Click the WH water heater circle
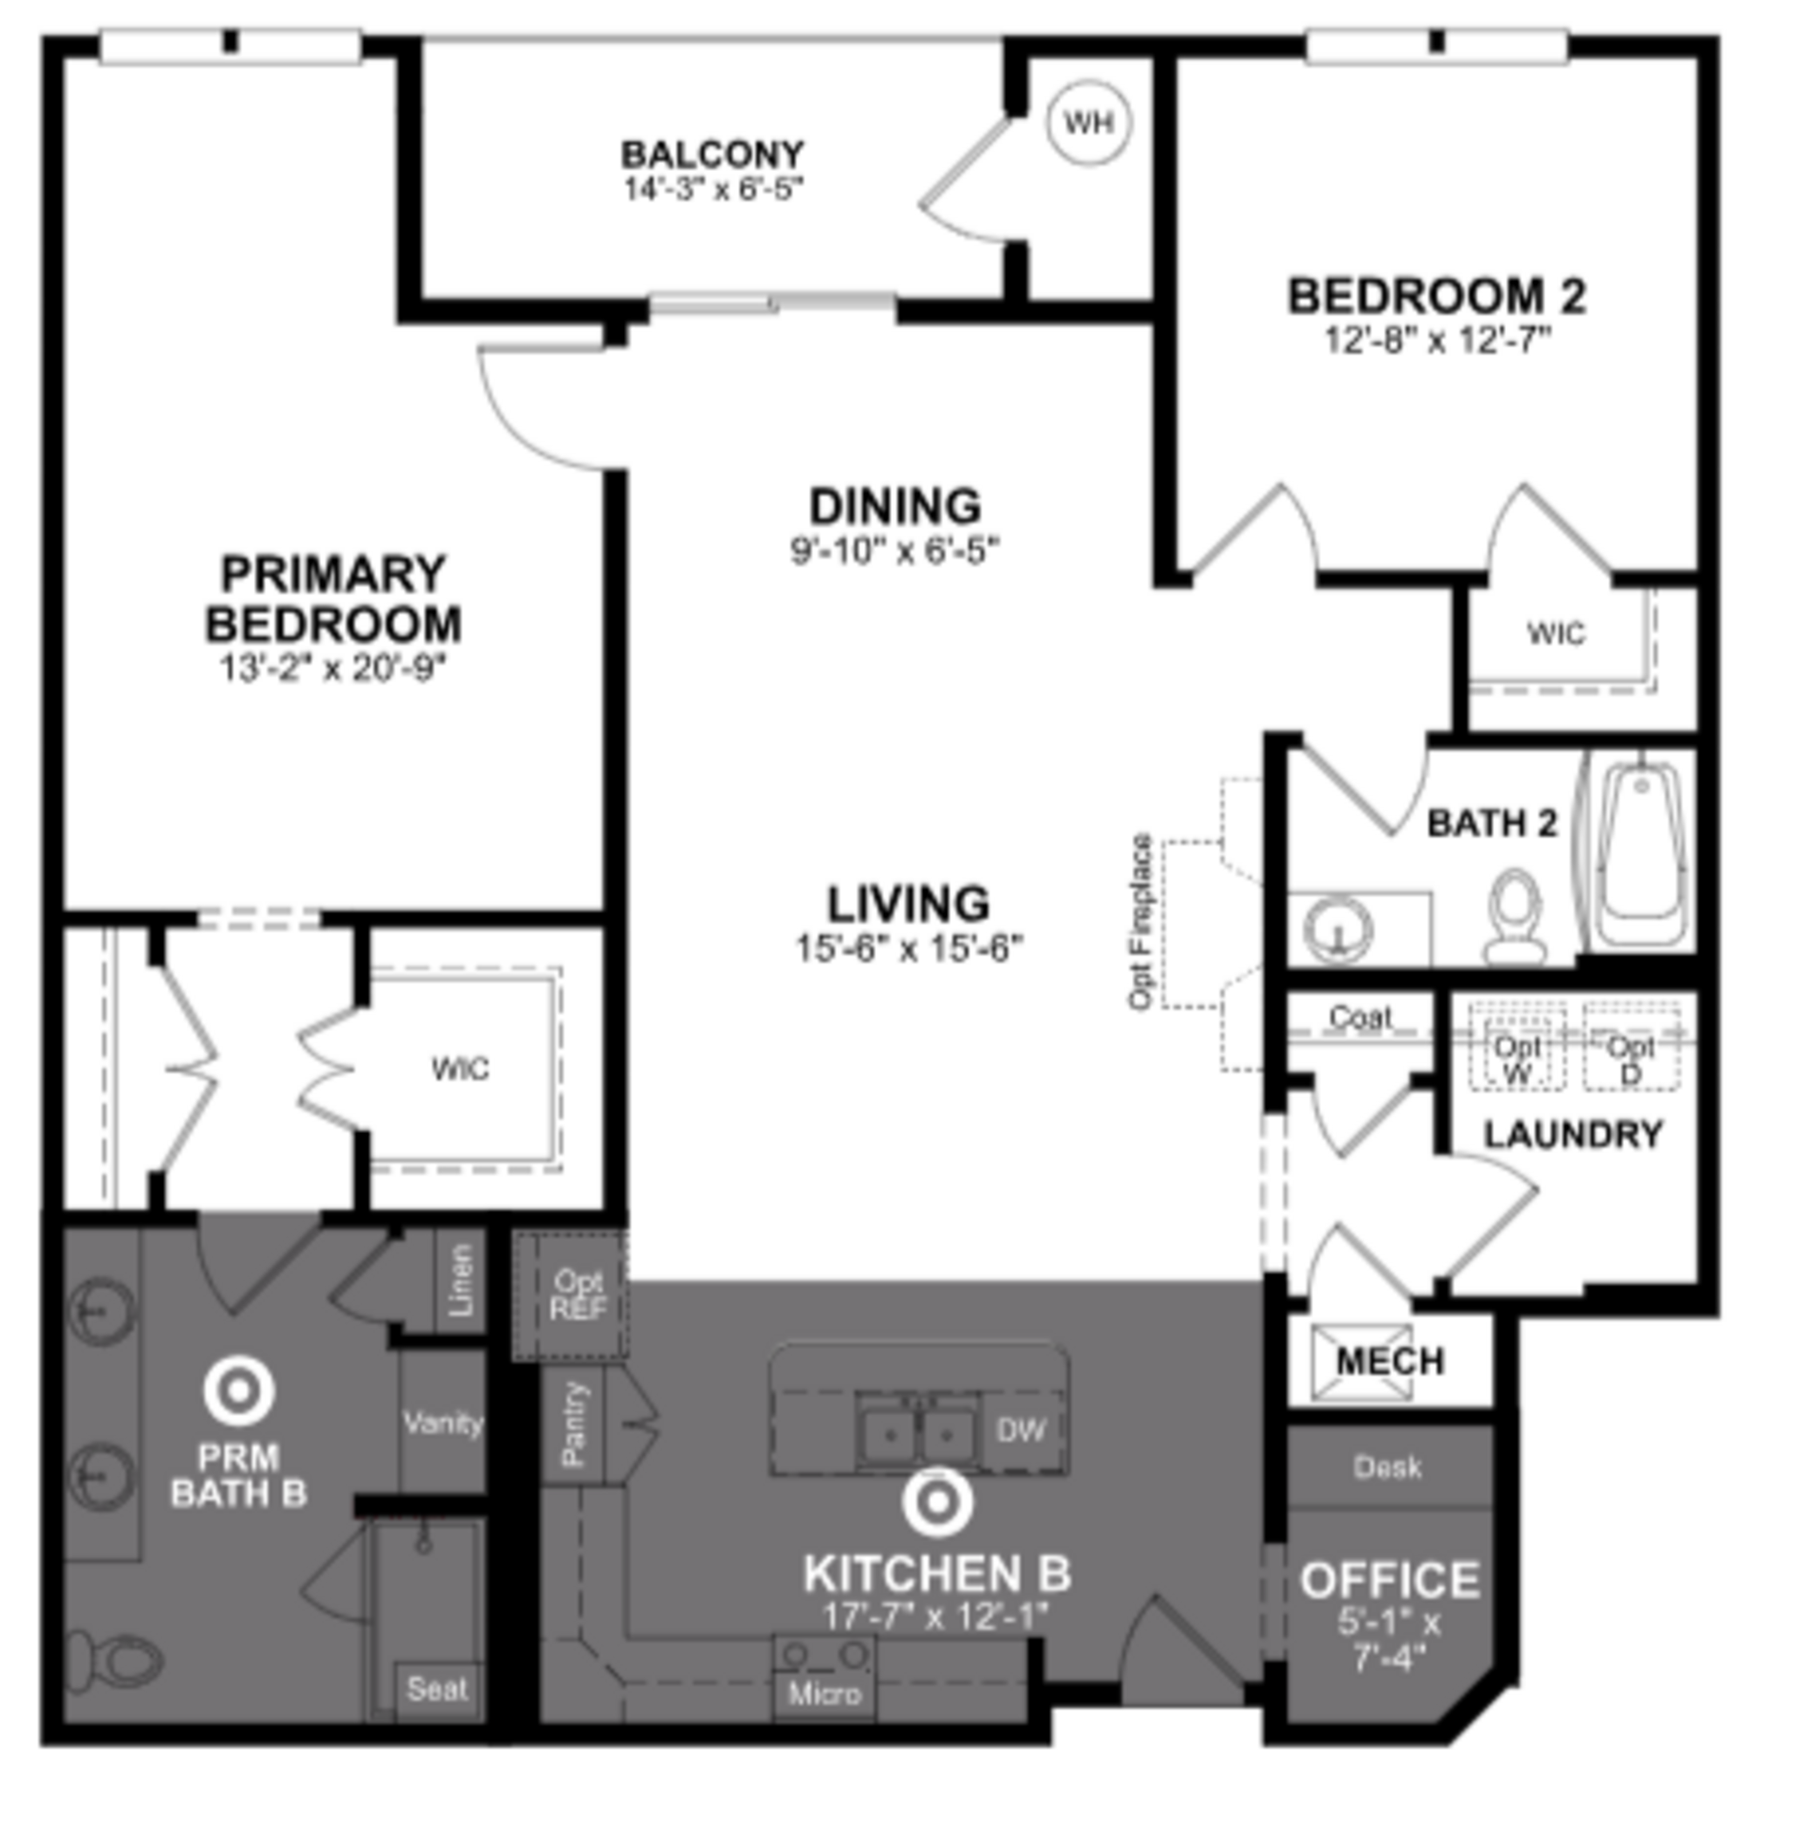1088,123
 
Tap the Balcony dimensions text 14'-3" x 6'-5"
713,188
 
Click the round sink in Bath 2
1339,927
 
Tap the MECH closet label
1389,1362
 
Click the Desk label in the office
1387,1467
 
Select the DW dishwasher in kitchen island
1020,1430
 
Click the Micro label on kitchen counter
825,1694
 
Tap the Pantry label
573,1425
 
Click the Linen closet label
461,1281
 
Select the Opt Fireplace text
1140,922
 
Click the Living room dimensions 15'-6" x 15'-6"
908,948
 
